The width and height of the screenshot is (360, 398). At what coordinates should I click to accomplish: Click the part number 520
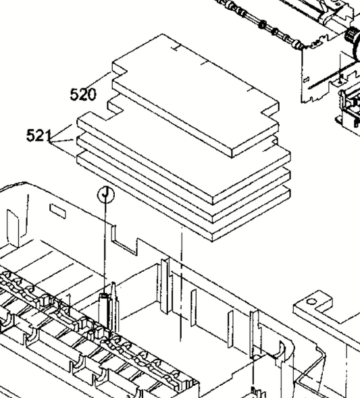pyautogui.click(x=83, y=94)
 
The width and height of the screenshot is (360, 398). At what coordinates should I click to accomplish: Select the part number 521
pyautogui.click(x=39, y=135)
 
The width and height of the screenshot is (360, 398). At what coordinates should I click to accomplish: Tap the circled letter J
pyautogui.click(x=105, y=195)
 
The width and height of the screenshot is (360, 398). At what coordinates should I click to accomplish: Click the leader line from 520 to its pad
pyautogui.click(x=101, y=80)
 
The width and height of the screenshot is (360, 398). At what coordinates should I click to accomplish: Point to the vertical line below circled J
pyautogui.click(x=105, y=248)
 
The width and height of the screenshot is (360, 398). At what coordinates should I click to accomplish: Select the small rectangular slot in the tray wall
pyautogui.click(x=57, y=211)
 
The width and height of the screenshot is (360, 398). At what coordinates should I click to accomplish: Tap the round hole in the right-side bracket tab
pyautogui.click(x=312, y=302)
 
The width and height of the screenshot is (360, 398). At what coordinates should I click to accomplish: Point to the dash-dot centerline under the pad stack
pyautogui.click(x=181, y=284)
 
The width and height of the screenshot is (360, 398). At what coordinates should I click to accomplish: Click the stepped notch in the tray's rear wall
pyautogui.click(x=125, y=240)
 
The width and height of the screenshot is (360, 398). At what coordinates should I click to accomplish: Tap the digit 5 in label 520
pyautogui.click(x=74, y=94)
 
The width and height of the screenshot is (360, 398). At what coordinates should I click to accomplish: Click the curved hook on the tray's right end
pyautogui.click(x=283, y=351)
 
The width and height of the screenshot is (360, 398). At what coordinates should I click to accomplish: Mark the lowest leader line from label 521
pyautogui.click(x=63, y=150)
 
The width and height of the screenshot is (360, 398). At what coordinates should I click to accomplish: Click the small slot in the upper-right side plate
pyautogui.click(x=307, y=80)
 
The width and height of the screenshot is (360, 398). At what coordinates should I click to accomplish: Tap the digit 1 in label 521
pyautogui.click(x=48, y=135)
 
